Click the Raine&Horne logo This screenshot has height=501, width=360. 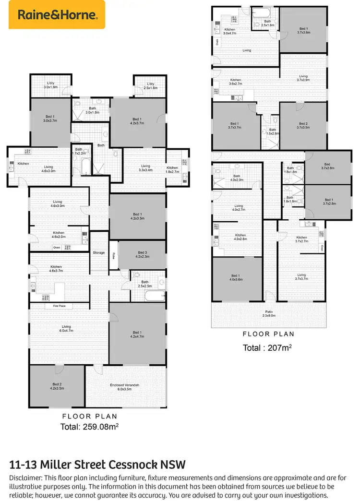pyautogui.click(x=57, y=15)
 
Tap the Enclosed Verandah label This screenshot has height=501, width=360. pyautogui.click(x=124, y=387)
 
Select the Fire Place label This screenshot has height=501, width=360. pyautogui.click(x=52, y=306)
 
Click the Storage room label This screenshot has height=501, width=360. pyautogui.click(x=98, y=252)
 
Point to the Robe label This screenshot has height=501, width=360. pyautogui.click(x=114, y=255)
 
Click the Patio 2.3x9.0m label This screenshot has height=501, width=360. pyautogui.click(x=269, y=313)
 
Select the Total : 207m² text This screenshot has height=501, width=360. pyautogui.click(x=268, y=347)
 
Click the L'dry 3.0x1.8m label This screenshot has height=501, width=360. pyautogui.click(x=50, y=85)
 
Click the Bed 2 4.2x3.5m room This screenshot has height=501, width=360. pyautogui.click(x=57, y=387)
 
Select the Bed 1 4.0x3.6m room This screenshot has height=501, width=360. pyautogui.click(x=236, y=278)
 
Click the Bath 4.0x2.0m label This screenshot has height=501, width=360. pyautogui.click(x=237, y=178)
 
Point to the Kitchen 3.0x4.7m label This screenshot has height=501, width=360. pyautogui.click(x=230, y=32)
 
